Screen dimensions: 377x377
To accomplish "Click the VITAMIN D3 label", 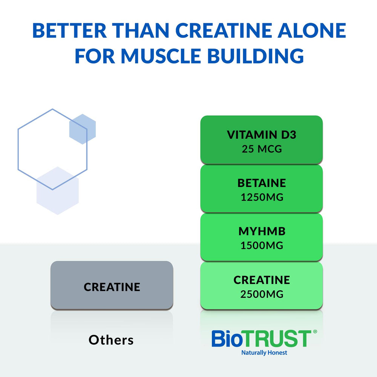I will point(262,135).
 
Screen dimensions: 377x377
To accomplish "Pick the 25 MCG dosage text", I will point(262,149).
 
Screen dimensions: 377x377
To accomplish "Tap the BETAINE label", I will point(262,183).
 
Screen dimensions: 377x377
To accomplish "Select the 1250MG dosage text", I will point(262,197).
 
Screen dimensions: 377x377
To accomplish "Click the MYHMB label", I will point(262,231).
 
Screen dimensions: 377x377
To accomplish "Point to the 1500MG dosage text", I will point(262,245).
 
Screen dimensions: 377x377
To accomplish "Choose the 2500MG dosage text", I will point(262,294).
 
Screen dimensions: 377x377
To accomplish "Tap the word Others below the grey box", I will point(111,340).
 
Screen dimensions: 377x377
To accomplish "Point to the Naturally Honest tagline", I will point(264,353).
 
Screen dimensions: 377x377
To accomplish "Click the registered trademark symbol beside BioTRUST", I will point(314,332).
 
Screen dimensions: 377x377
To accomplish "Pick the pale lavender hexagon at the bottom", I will point(57,191).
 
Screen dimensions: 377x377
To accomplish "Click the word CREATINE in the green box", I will point(262,280).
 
